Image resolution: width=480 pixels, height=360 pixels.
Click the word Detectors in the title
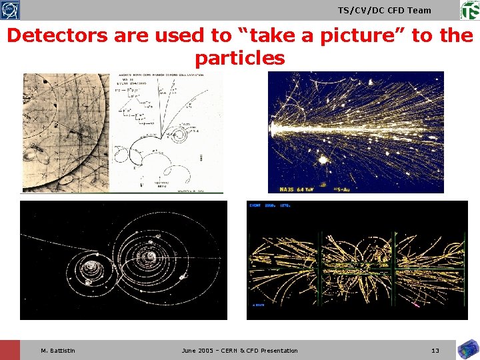pos(57,35)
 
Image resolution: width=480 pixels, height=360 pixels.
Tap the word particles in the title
pos(240,58)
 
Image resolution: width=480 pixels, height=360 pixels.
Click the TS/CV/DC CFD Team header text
pos(385,10)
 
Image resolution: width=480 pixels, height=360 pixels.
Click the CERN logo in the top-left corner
pos(10,10)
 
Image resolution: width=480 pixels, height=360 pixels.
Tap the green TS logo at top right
pos(469,10)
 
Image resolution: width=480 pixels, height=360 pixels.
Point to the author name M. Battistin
pos(58,351)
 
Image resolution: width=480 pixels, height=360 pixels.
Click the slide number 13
pos(435,351)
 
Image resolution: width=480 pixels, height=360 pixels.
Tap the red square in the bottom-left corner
pos(10,350)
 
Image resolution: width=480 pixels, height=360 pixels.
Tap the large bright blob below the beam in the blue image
pos(324,159)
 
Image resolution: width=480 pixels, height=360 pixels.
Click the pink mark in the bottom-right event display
pos(416,305)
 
